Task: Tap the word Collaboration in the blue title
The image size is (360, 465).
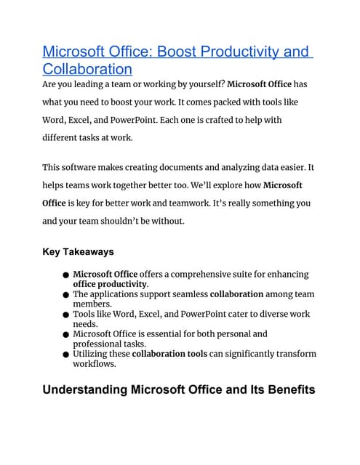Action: click(x=87, y=70)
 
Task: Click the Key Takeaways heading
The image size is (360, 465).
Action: click(x=79, y=251)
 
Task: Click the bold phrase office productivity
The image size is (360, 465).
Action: click(x=110, y=284)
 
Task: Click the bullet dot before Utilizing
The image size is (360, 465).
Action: click(x=65, y=355)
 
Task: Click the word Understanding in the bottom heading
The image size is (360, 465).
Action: click(x=84, y=390)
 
